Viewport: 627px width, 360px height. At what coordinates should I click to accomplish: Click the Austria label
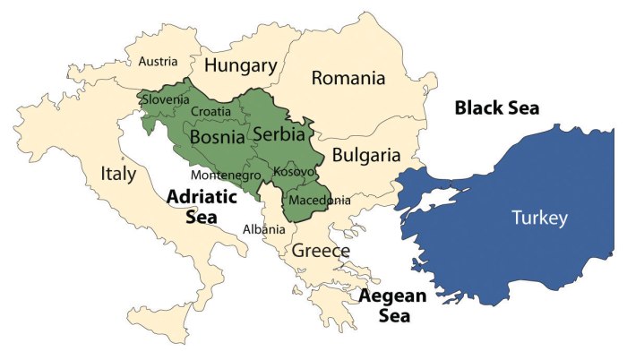[x=157, y=62]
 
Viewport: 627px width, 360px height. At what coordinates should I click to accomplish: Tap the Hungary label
[x=239, y=65]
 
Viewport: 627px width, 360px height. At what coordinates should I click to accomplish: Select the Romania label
[x=348, y=79]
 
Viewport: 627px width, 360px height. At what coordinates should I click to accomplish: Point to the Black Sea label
[x=497, y=108]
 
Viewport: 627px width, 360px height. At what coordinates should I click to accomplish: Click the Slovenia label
[x=166, y=100]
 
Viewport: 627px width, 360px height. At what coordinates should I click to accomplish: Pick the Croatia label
[x=211, y=111]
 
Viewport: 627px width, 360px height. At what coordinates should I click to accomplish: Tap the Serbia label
[x=280, y=133]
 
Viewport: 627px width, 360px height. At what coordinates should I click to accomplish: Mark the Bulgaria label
[x=365, y=155]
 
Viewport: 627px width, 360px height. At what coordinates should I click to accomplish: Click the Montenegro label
[x=225, y=175]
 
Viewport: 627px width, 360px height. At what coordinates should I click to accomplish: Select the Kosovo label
[x=294, y=171]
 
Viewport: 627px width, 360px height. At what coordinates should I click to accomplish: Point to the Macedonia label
[x=320, y=200]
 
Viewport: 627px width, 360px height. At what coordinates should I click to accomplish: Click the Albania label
[x=264, y=229]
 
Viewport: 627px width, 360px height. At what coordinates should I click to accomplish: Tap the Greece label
[x=320, y=251]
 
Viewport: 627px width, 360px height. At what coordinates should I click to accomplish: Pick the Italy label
[x=118, y=173]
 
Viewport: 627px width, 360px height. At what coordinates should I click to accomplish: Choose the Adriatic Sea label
[x=202, y=205]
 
